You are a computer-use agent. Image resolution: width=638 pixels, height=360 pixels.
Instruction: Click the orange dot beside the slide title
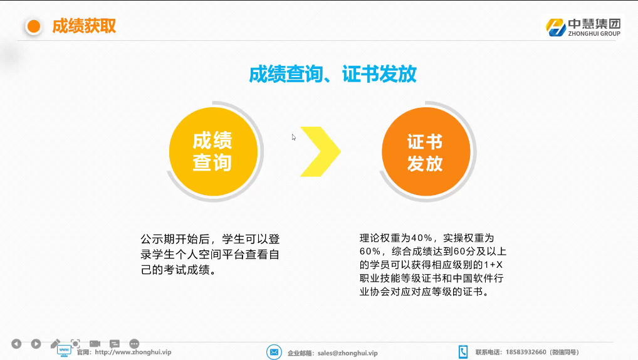tap(34, 27)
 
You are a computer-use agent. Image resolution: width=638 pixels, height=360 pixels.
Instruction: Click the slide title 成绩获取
tap(84, 26)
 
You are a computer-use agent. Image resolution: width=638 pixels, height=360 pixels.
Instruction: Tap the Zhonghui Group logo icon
tap(556, 28)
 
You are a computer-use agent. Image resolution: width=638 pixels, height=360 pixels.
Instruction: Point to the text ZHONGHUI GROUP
tap(594, 34)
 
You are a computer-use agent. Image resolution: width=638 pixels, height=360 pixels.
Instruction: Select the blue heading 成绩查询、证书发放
tap(333, 74)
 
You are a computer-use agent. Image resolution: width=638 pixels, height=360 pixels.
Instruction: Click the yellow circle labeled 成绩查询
tap(213, 152)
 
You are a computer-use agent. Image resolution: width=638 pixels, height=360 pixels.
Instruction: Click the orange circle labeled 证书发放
tap(426, 152)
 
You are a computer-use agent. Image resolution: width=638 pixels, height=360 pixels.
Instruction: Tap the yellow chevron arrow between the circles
tap(321, 152)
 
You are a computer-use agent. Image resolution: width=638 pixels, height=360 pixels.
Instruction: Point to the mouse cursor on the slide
tap(294, 137)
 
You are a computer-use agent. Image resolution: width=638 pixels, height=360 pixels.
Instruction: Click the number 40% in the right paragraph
tap(422, 238)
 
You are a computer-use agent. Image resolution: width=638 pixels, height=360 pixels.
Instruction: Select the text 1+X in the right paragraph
tap(493, 265)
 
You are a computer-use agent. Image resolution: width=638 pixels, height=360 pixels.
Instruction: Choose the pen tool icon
tap(55, 344)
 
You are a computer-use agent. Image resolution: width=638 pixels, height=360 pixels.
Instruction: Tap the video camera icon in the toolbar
tap(95, 344)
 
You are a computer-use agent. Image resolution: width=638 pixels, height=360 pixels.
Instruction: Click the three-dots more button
tap(134, 344)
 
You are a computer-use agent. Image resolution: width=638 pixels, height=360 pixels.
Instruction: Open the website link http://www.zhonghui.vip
tap(133, 352)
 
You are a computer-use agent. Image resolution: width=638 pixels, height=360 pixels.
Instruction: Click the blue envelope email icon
tap(275, 352)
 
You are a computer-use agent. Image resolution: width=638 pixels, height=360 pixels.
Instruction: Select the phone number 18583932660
tap(526, 352)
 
